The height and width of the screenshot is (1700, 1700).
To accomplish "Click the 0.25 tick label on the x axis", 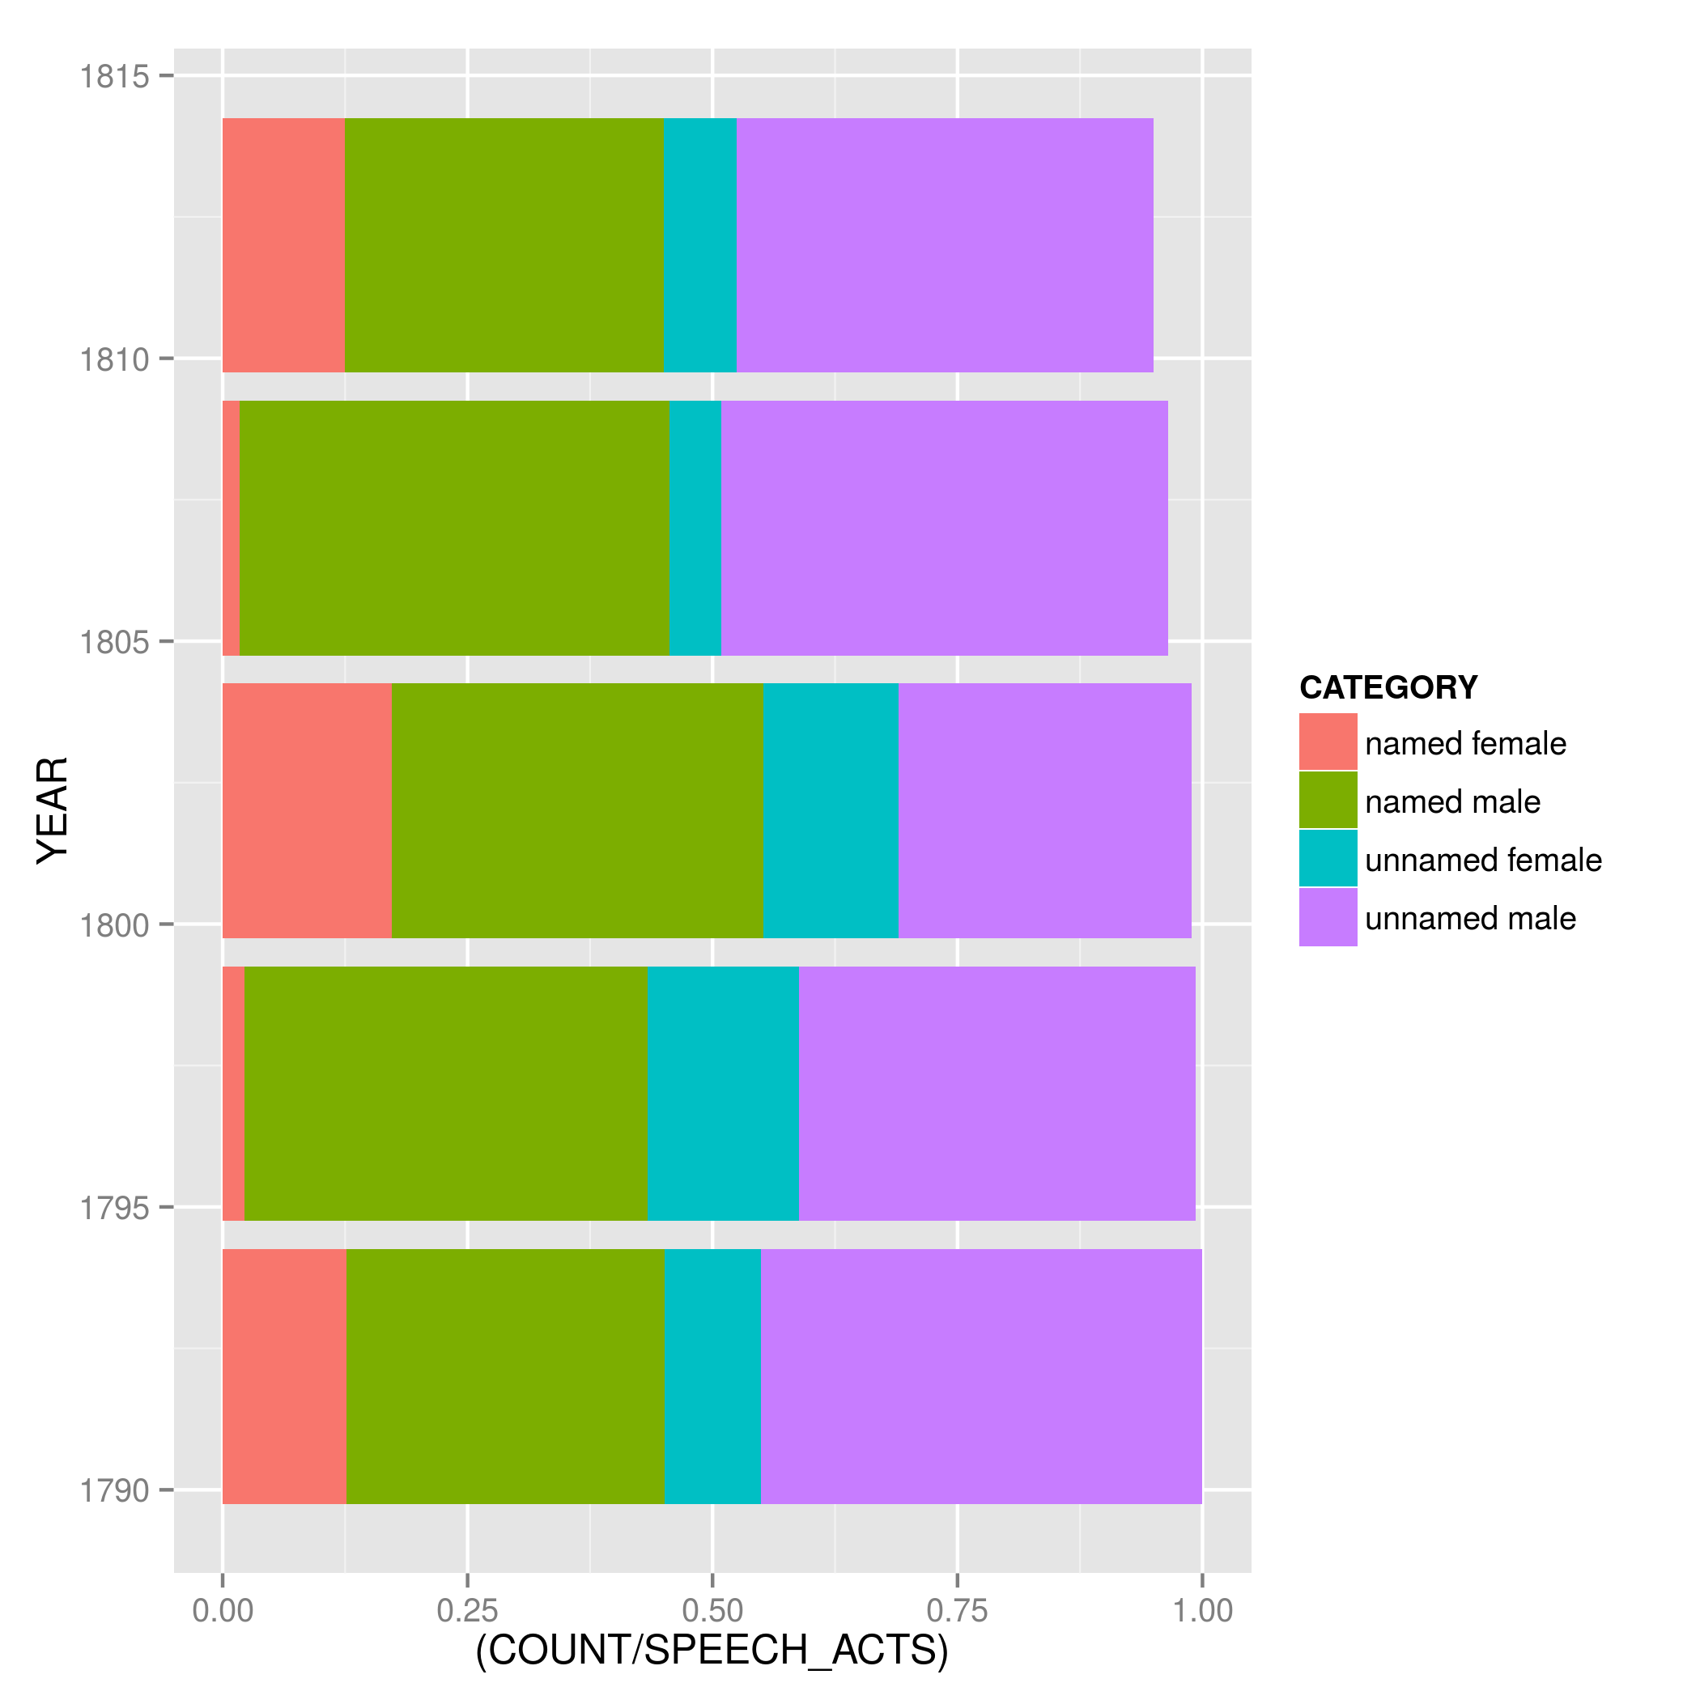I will pos(467,1611).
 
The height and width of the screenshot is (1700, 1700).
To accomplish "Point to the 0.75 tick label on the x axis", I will pos(958,1611).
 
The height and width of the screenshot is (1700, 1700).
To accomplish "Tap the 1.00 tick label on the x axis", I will pos(1203,1611).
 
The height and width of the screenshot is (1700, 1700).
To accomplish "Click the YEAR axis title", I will pos(53,810).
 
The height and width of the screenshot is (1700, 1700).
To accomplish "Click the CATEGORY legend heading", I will pos(1388,687).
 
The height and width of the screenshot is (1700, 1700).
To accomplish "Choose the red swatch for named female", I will pos(1328,742).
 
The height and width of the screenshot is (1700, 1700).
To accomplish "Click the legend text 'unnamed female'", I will pos(1483,861).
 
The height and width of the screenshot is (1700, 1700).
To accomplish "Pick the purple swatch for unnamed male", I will pos(1328,918).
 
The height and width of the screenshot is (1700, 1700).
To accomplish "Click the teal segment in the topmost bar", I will pos(699,245).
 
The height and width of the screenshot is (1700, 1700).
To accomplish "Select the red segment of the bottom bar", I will pos(284,1376).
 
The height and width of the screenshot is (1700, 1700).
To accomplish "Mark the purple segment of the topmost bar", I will pos(944,245).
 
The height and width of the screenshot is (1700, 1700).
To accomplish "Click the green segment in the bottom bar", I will pos(505,1376).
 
